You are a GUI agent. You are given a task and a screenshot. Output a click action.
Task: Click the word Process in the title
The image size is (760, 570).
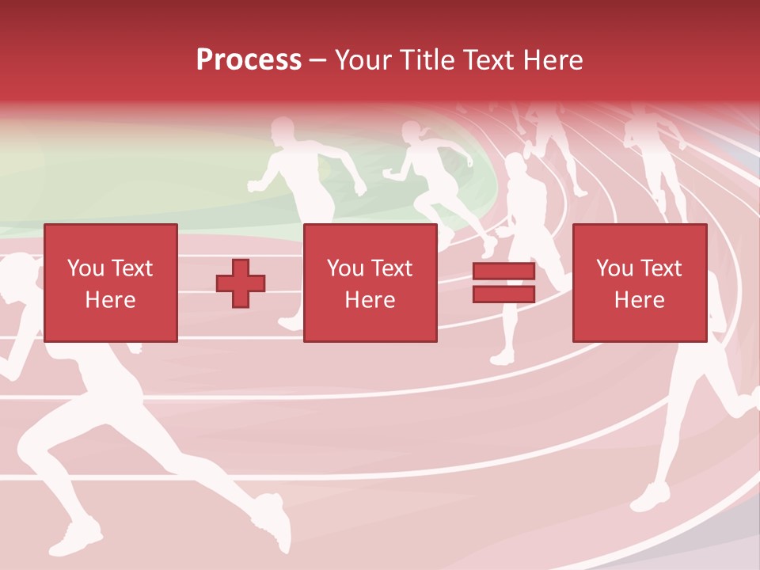click(249, 60)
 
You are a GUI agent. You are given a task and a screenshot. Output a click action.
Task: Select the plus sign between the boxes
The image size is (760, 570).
click(241, 283)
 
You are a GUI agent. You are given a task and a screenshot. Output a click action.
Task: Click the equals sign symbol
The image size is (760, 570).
click(503, 283)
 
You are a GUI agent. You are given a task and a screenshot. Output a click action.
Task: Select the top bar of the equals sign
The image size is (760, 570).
click(503, 272)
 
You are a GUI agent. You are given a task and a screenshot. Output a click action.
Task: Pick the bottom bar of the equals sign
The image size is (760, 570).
click(503, 294)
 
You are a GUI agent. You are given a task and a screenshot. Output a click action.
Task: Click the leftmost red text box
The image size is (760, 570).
click(110, 283)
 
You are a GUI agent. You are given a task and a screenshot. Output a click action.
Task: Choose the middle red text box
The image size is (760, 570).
click(370, 283)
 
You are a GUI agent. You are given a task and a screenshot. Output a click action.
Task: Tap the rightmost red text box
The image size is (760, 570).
click(639, 283)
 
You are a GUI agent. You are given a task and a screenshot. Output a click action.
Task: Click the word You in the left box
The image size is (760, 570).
click(85, 268)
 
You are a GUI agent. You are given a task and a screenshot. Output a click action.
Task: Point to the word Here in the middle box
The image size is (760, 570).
click(370, 300)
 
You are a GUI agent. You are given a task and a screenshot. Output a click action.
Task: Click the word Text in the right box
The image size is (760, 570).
click(661, 268)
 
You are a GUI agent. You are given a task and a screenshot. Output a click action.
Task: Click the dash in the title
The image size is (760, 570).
click(318, 60)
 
